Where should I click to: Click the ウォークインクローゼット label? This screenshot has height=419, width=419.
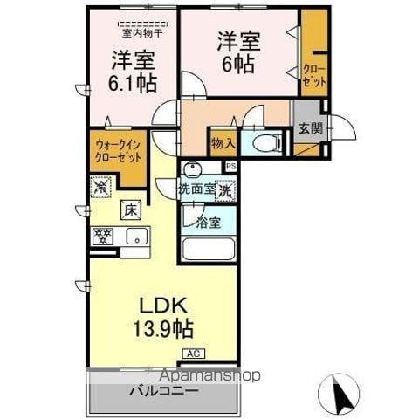click(x=116, y=155)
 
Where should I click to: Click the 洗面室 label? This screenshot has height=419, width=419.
click(x=196, y=189)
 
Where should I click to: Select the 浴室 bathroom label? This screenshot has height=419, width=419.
click(x=208, y=222)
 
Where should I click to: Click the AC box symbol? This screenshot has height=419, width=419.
click(x=192, y=354)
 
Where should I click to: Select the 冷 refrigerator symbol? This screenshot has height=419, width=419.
click(x=100, y=186)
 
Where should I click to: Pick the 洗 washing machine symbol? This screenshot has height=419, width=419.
click(x=225, y=188)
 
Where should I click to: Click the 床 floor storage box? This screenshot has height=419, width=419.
click(x=128, y=210)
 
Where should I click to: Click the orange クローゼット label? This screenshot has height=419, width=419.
click(x=313, y=73)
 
